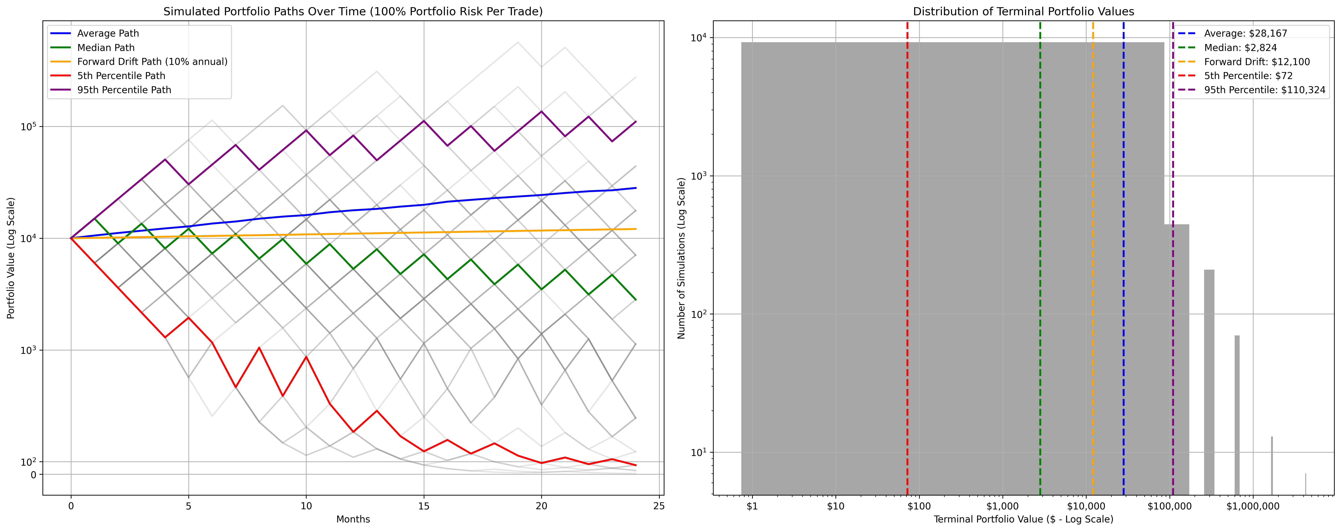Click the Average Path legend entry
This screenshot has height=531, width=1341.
coord(108,33)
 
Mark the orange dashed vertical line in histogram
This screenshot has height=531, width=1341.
coord(1093,260)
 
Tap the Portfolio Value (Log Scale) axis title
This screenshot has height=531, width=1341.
coord(10,258)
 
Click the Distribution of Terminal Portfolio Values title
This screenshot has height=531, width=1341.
coord(1023,11)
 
